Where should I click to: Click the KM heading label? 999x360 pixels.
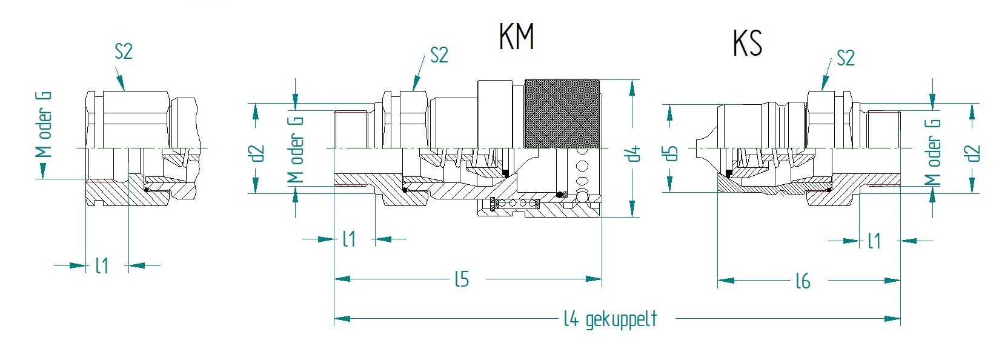point(517,37)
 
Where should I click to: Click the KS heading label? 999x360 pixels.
point(747,43)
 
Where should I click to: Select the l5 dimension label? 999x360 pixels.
point(462,279)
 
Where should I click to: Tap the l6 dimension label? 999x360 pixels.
point(802,281)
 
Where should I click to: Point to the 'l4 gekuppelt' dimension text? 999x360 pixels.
point(610,319)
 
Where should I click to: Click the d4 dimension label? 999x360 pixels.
point(634,153)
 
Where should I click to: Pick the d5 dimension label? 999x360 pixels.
point(670,152)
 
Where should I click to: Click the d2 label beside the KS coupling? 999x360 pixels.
point(973,153)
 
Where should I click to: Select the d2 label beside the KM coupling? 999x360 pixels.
point(258,153)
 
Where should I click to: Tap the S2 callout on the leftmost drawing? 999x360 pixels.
point(124,52)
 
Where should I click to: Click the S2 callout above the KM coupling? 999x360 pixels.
point(439,56)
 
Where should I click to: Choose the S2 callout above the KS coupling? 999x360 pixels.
point(845,59)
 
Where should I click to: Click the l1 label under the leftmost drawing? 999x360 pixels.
point(102,265)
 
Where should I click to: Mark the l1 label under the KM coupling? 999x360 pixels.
point(349,239)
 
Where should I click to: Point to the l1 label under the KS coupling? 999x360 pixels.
point(874,241)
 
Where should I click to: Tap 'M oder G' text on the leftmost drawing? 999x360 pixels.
point(44,124)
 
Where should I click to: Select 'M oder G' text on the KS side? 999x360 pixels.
point(933,152)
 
